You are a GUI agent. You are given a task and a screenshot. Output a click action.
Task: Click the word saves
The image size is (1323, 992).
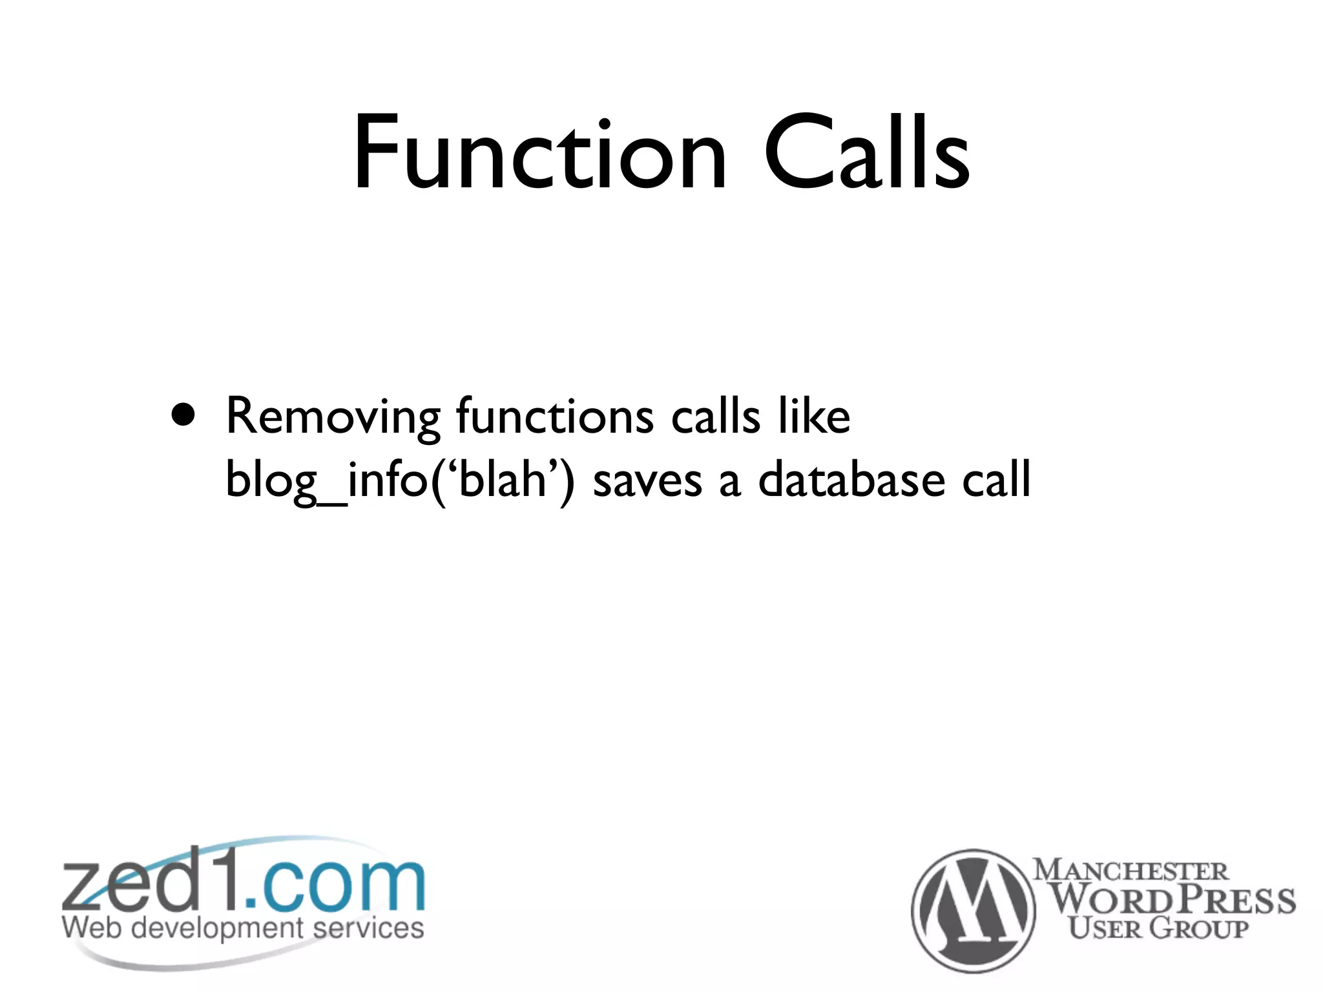click(x=647, y=481)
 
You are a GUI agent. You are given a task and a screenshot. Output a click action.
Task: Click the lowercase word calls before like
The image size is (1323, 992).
click(x=716, y=416)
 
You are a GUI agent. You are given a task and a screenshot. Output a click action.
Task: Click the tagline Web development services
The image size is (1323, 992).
click(x=243, y=928)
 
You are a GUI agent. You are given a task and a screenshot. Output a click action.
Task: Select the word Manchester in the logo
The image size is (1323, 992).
click(x=1130, y=871)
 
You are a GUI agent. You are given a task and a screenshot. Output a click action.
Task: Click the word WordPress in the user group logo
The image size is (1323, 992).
click(x=1172, y=899)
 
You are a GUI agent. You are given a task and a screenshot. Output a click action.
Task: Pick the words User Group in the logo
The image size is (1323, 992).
click(x=1158, y=928)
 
